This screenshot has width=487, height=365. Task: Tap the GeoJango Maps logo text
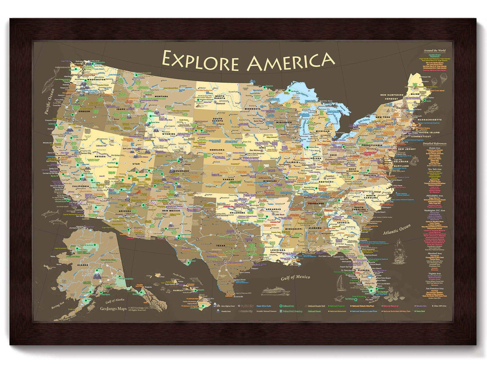tap(113, 308)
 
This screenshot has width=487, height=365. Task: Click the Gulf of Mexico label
tap(295, 277)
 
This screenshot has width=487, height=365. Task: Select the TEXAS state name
tap(221, 245)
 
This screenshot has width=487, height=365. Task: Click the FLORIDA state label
tap(364, 270)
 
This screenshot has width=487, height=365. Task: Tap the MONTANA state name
tap(161, 96)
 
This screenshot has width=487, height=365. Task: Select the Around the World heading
tap(434, 50)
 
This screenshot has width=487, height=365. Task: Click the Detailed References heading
tap(434, 144)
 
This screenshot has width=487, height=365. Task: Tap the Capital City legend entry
tap(247, 306)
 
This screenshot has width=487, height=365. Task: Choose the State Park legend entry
tap(420, 311)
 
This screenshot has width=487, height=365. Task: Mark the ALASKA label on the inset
tap(83, 265)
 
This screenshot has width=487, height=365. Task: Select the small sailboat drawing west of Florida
tap(340, 283)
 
